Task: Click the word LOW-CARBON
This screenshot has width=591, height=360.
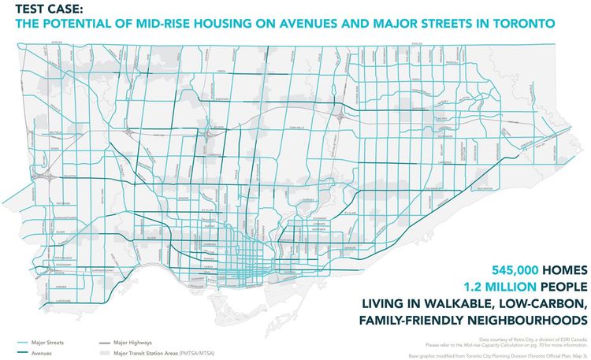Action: [541, 302]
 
